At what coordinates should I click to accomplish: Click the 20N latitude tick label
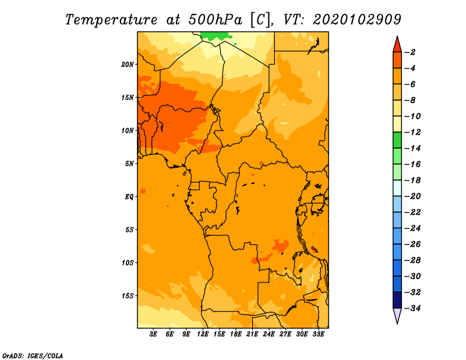(128, 65)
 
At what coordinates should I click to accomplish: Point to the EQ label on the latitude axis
(129, 197)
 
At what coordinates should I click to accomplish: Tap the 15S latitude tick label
(128, 296)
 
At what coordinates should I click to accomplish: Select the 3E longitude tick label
(153, 334)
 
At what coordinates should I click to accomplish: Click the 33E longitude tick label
(318, 334)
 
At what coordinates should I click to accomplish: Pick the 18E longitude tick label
(236, 334)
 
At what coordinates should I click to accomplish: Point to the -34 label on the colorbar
(412, 308)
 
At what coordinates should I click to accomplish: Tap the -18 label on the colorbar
(412, 180)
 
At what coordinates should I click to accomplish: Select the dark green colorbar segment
(397, 140)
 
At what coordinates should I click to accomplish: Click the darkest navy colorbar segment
(397, 300)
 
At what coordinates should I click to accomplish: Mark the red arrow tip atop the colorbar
(397, 37)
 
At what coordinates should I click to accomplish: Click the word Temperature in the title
(111, 20)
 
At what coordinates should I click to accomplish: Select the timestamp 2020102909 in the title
(357, 20)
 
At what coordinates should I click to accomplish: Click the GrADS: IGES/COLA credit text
(33, 355)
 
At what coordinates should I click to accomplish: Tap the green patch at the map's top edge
(216, 36)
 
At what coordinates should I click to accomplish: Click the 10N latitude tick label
(128, 130)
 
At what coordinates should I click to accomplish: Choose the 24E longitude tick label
(269, 334)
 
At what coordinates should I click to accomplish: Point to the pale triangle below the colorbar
(397, 315)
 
